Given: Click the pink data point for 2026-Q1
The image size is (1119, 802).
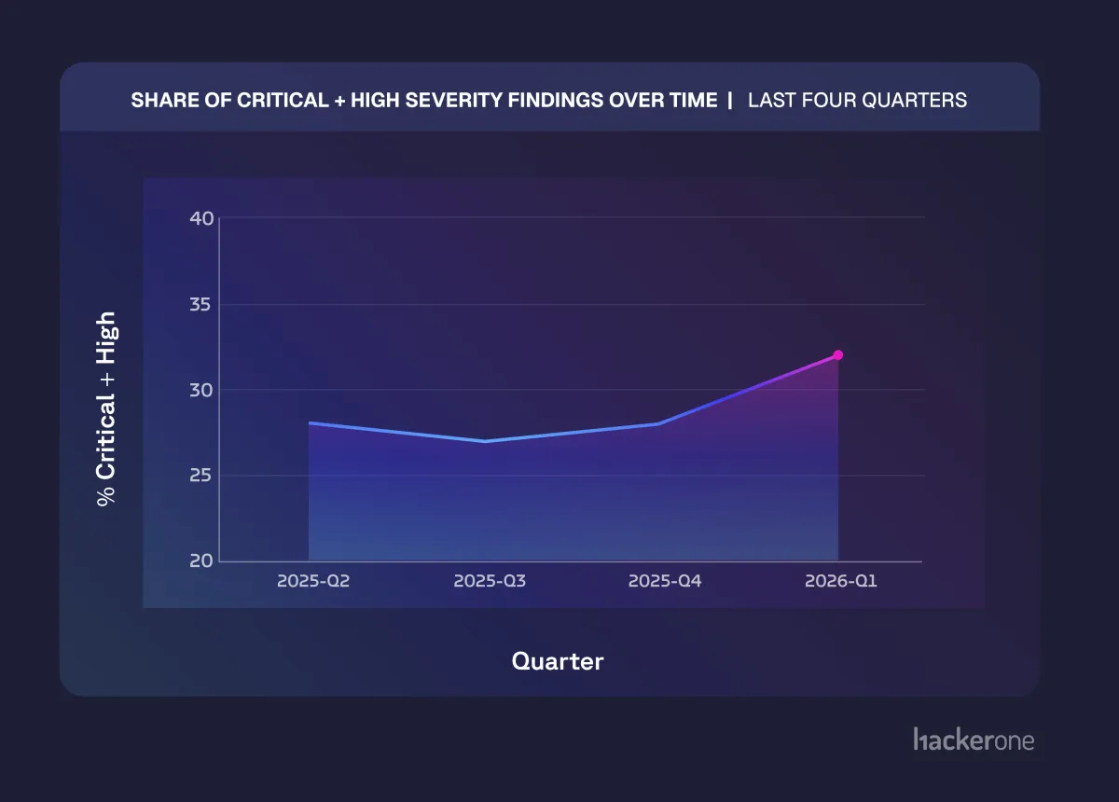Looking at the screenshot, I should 837,355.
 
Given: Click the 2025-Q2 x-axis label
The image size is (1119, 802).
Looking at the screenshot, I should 314,581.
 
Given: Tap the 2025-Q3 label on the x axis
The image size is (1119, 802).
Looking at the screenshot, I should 490,581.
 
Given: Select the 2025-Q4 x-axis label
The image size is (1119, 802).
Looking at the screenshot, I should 665,581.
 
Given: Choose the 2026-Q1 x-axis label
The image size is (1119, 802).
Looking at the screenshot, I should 841,581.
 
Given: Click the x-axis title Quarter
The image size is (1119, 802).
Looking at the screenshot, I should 558,661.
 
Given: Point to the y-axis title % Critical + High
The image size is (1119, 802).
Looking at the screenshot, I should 107,408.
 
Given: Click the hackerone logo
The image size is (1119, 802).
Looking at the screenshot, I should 974,740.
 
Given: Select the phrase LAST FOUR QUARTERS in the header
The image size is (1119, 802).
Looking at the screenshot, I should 857,100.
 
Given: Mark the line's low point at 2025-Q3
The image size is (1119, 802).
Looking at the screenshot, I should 485,441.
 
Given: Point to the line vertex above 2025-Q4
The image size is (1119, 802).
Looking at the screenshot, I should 660,423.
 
